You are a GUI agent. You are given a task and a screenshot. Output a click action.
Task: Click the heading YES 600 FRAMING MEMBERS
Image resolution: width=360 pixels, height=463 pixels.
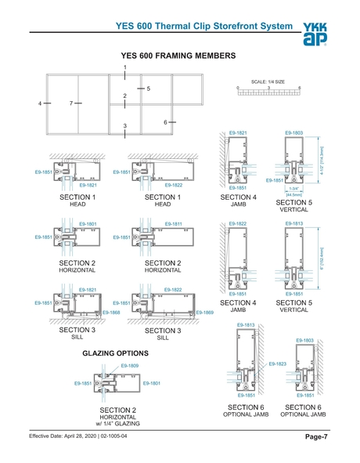[179, 56]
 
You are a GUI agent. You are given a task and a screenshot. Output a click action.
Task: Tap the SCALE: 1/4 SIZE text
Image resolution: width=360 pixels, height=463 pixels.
[268, 81]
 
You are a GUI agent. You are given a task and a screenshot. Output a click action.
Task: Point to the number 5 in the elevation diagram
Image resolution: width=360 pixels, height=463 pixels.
[148, 89]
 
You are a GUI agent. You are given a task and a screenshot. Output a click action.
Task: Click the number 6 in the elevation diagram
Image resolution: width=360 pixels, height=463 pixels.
[166, 121]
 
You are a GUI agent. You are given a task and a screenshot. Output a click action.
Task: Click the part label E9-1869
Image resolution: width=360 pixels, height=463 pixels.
[205, 313]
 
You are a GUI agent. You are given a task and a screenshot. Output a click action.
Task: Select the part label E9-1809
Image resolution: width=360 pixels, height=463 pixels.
[129, 366]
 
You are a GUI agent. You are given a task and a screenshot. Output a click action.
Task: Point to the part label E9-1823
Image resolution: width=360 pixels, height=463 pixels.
[277, 364]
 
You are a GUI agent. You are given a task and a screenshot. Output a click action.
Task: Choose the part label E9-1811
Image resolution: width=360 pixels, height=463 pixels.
[173, 223]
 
